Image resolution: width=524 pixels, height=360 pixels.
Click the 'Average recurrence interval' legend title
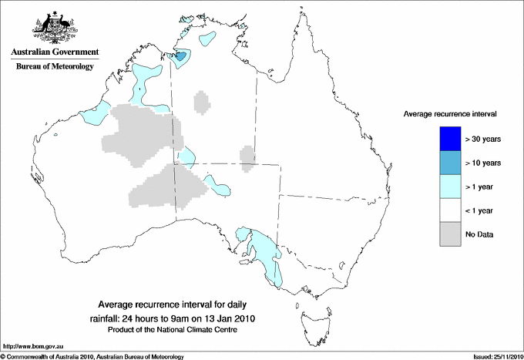click(449, 114)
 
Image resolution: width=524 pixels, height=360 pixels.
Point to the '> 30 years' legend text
click(484, 139)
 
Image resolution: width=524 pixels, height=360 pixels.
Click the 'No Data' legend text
click(479, 234)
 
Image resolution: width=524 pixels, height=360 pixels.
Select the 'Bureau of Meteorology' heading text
click(55, 66)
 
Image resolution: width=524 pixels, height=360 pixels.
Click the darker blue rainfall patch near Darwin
click(180, 56)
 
